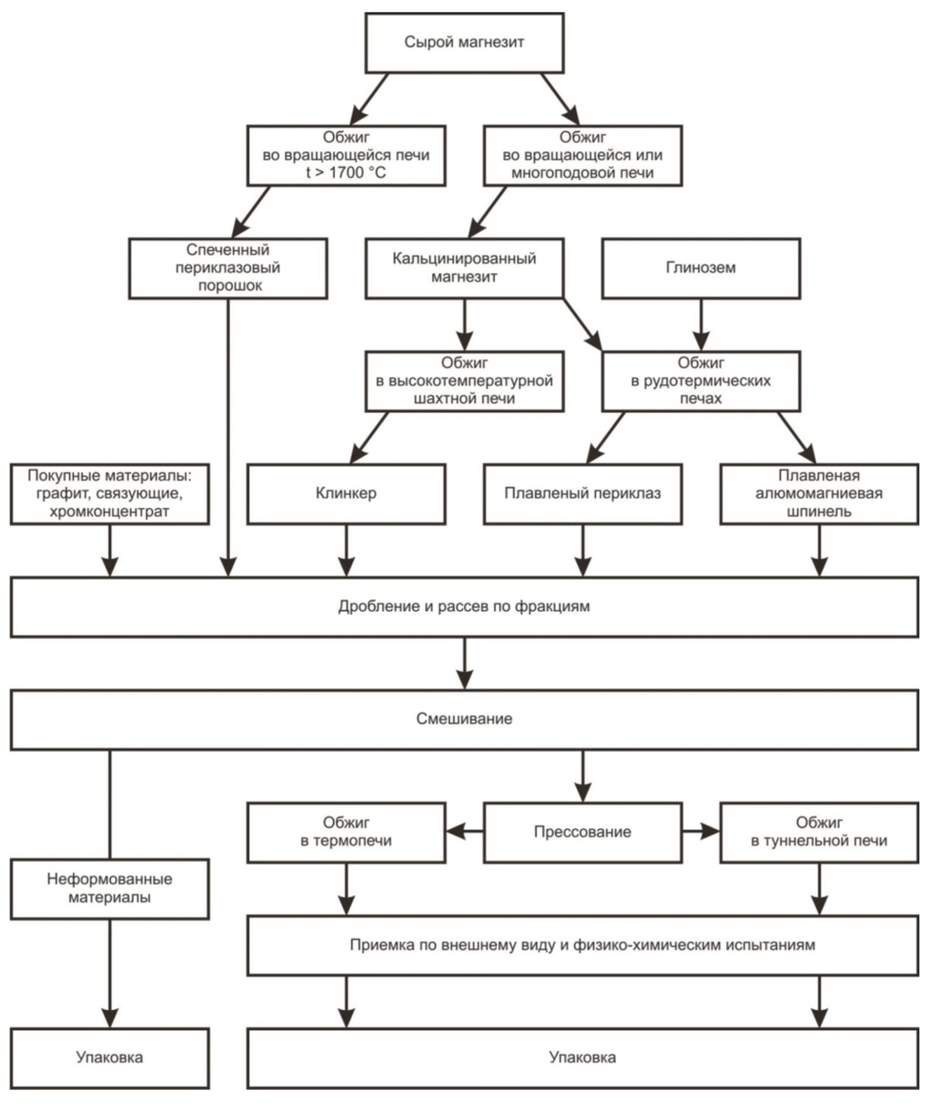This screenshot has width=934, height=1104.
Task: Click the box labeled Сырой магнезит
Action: pos(464,43)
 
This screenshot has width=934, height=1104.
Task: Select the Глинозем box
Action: pos(700,268)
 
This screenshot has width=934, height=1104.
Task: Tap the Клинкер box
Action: pos(346,494)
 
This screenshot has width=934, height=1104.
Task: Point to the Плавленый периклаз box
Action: pos(583,494)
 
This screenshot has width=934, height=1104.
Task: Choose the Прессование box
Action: pos(583,832)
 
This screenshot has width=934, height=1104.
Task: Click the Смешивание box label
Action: pos(464,719)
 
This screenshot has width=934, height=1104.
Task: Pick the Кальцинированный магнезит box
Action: pos(464,268)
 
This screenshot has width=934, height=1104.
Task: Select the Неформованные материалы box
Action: pos(109,889)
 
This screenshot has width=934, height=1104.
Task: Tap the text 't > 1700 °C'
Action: pos(346,173)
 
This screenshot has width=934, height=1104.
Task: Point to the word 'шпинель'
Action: pos(819,512)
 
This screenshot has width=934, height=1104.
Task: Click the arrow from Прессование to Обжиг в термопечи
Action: pos(465,831)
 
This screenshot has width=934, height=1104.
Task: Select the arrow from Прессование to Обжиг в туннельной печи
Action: pos(701,831)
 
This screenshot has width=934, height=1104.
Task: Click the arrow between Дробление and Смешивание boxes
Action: pos(465,664)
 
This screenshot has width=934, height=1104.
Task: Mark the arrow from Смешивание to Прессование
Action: pos(583,776)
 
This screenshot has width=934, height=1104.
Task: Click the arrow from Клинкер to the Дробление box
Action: pos(346,551)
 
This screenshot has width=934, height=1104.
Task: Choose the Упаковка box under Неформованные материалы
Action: pos(109,1058)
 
